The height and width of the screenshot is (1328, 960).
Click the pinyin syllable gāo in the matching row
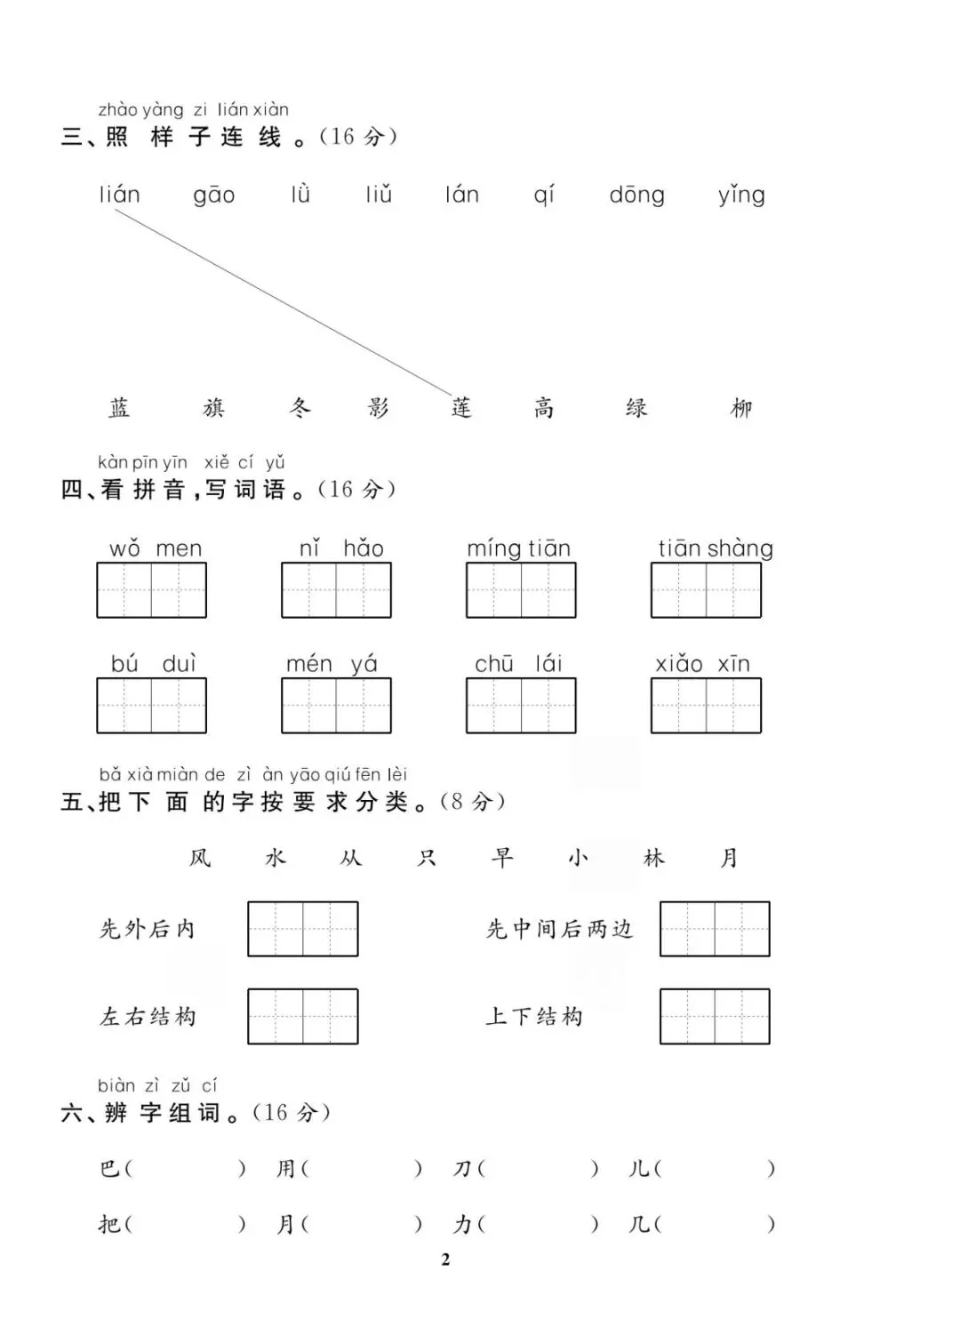[x=214, y=196]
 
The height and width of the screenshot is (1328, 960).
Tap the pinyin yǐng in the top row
[x=741, y=196]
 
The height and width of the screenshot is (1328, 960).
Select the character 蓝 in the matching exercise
[x=119, y=408]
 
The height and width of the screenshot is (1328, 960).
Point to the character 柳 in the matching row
[x=741, y=408]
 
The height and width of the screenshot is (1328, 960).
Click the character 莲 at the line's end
[x=461, y=408]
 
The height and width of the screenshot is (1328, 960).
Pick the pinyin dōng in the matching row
[x=636, y=196]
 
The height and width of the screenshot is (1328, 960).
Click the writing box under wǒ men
[x=151, y=590]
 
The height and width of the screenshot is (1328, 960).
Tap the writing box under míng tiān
[x=521, y=590]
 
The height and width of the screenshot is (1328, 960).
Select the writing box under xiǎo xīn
[x=706, y=706]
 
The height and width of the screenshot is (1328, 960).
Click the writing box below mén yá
[x=336, y=706]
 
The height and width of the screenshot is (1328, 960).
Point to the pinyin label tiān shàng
[x=716, y=548]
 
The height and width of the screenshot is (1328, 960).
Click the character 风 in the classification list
[x=200, y=858]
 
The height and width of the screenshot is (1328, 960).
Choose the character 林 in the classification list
[x=653, y=858]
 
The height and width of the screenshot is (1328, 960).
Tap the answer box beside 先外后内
[x=302, y=929]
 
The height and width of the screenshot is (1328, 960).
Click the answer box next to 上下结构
[x=715, y=1016]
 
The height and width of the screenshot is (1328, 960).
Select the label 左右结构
[x=148, y=1017]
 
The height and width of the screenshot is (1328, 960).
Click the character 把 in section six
[x=109, y=1225]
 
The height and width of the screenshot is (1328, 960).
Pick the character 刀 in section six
[x=462, y=1169]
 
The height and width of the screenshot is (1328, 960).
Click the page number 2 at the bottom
[x=445, y=1259]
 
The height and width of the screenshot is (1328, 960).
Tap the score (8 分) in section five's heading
[x=473, y=802]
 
